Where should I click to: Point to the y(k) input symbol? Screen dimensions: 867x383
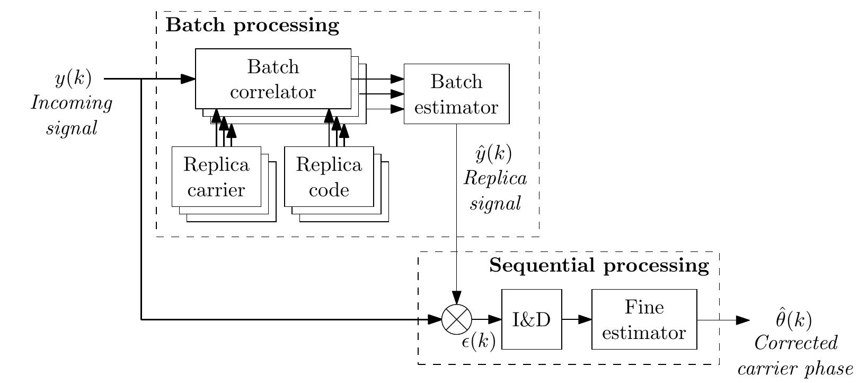(x=74, y=78)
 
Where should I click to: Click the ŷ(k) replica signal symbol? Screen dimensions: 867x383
(x=493, y=153)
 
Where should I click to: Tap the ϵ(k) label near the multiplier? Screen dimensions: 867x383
(x=479, y=341)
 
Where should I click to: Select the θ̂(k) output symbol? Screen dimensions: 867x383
(x=794, y=319)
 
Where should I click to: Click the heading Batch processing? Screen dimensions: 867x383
(x=252, y=25)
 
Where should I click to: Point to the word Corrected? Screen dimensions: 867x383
(x=796, y=343)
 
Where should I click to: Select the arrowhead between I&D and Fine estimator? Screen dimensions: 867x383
(x=585, y=319)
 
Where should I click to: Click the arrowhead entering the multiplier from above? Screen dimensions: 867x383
(x=457, y=298)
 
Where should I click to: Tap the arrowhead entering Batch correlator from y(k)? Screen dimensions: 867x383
(x=188, y=79)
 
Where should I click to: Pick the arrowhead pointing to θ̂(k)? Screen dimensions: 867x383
(x=743, y=320)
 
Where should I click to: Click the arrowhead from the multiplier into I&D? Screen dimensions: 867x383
(x=494, y=319)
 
